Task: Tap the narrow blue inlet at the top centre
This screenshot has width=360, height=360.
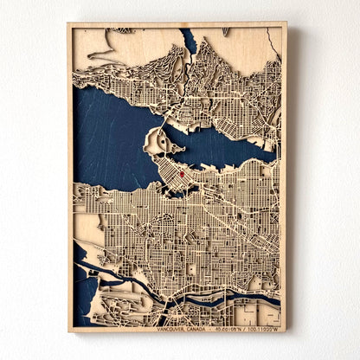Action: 189,39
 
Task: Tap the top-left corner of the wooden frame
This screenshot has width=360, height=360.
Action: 68,23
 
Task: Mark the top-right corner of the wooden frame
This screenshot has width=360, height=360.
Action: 286,23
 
